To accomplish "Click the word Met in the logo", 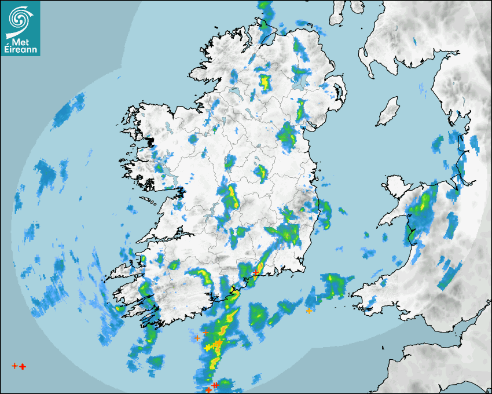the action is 17,43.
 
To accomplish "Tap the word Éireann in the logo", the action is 21,50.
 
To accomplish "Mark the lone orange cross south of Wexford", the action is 309,311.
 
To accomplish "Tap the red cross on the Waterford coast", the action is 256,272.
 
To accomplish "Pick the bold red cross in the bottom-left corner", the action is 23,367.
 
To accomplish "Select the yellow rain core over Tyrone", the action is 265,82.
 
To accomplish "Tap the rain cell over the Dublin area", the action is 287,136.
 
